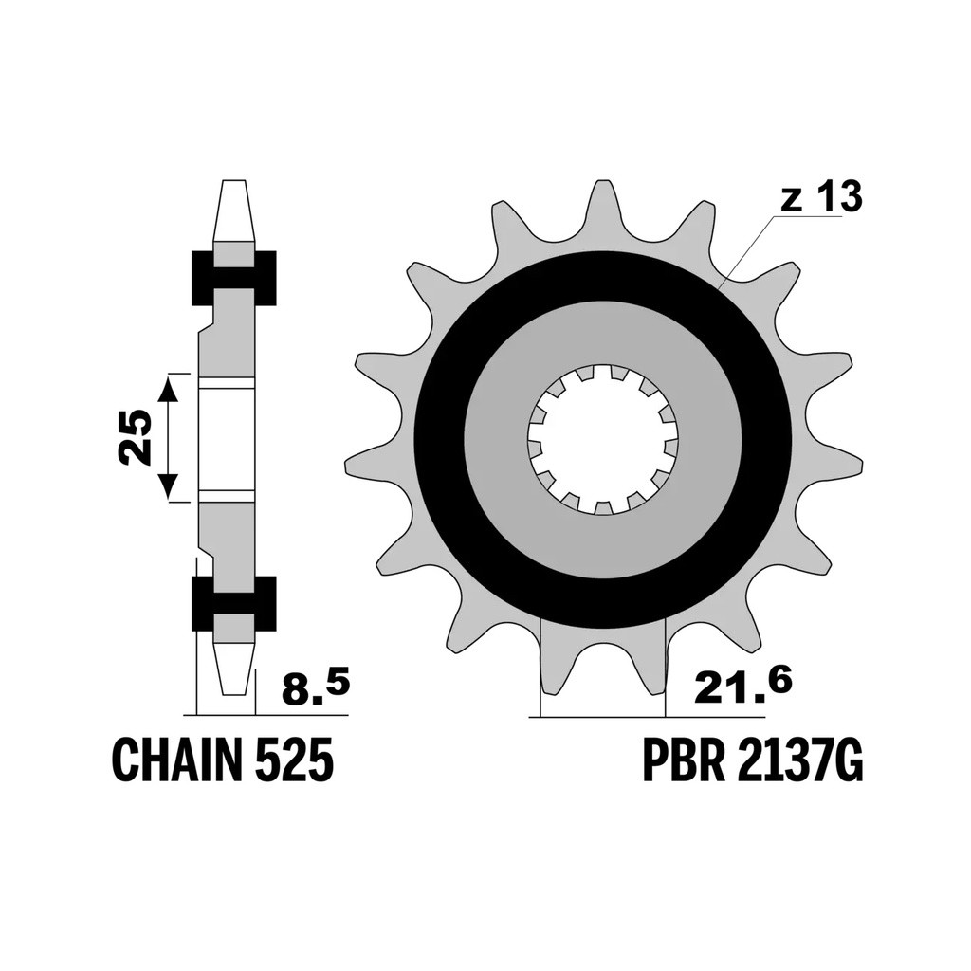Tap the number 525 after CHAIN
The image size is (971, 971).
pyautogui.click(x=292, y=759)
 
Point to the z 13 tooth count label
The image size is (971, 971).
pyautogui.click(x=821, y=197)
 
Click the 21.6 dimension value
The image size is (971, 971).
pyautogui.click(x=742, y=687)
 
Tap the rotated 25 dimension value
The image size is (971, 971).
pyautogui.click(x=136, y=437)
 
